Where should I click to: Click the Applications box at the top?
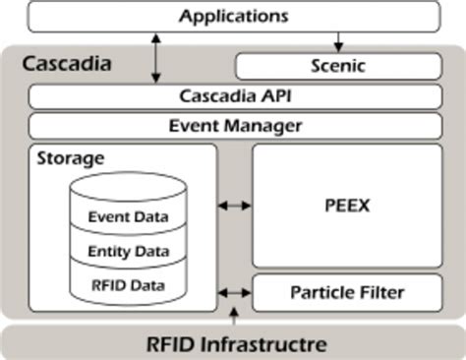[233, 16]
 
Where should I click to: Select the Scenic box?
[337, 67]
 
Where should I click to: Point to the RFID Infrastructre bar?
[233, 343]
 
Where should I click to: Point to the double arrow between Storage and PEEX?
[234, 206]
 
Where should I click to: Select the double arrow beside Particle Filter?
[234, 292]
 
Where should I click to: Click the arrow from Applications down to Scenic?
[338, 42]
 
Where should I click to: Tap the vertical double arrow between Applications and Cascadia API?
[155, 58]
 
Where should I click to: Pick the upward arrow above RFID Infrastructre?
[233, 315]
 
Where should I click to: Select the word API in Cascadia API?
[269, 96]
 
